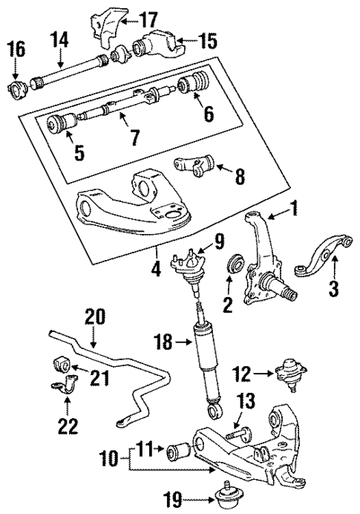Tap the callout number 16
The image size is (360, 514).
pyautogui.click(x=16, y=50)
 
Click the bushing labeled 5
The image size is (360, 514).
pyautogui.click(x=57, y=124)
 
